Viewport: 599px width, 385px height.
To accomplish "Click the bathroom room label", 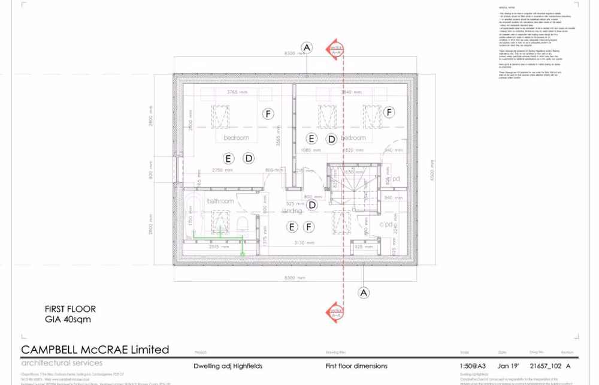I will [220, 201].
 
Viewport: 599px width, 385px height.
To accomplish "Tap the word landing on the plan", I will [292, 211].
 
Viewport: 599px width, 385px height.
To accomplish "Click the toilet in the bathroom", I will [243, 225].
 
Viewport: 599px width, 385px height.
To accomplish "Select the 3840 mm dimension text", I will [351, 92].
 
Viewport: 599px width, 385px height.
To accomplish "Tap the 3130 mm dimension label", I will [304, 243].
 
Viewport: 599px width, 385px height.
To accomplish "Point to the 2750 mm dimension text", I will [222, 170].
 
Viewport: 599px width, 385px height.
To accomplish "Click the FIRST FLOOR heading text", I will [70, 309].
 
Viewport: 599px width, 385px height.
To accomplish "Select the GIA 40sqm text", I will [68, 319].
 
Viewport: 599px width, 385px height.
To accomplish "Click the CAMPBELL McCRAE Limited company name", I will [95, 350].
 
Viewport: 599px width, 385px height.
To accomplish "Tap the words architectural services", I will [62, 362].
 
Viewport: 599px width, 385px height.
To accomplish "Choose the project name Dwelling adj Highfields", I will [228, 366].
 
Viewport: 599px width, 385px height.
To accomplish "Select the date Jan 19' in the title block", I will [507, 366].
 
